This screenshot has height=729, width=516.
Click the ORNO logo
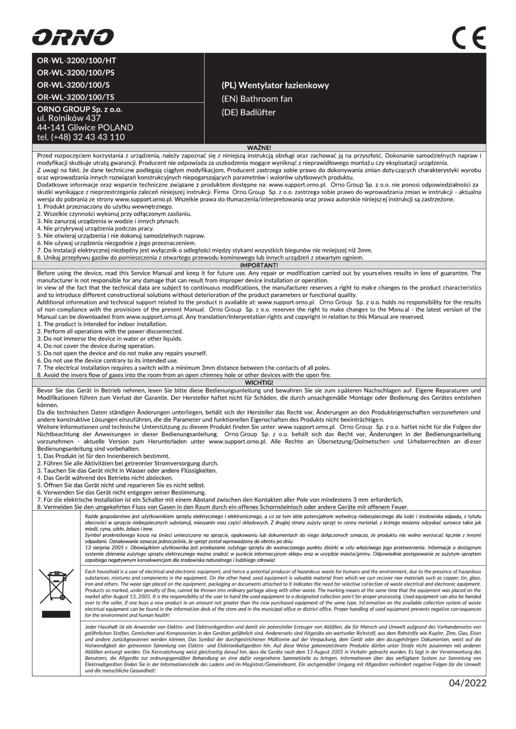(73, 37)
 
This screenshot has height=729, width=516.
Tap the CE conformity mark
(469, 38)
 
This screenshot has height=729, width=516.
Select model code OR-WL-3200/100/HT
(77, 60)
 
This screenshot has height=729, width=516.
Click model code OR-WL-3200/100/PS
(76, 72)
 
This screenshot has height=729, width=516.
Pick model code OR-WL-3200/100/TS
(76, 97)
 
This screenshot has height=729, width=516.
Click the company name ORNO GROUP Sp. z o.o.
(80, 109)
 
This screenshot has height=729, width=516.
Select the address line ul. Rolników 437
(69, 118)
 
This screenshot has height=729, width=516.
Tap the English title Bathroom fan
(257, 99)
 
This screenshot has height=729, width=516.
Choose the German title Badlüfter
(249, 112)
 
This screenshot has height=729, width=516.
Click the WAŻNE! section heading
(259, 147)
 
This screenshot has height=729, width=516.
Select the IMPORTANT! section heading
(259, 265)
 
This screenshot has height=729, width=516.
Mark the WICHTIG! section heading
(259, 382)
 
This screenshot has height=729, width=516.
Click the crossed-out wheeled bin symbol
(56, 586)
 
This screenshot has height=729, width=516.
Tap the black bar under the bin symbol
(56, 614)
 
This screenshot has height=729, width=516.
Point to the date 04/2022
(467, 683)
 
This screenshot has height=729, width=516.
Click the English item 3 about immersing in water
(110, 339)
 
